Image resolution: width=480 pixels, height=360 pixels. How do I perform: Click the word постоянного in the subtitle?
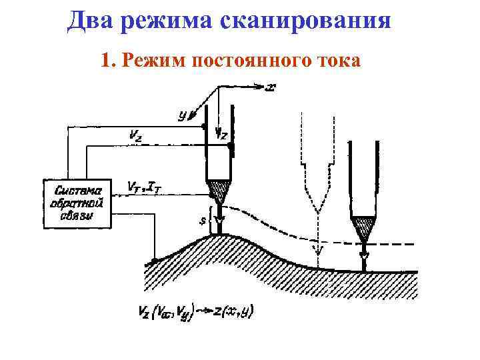(x=248, y=61)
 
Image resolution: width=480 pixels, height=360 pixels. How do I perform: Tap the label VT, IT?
(x=145, y=187)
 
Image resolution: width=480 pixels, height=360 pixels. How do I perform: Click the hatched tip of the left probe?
(x=219, y=193)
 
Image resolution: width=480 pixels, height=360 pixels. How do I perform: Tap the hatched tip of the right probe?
(x=363, y=229)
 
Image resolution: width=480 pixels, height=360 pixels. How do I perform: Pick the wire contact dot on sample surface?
(x=154, y=260)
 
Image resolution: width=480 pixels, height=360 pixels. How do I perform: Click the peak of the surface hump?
(x=219, y=235)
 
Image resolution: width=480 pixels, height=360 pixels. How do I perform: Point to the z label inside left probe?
(x=223, y=136)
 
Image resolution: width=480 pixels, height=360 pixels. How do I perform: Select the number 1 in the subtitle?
(x=105, y=61)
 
